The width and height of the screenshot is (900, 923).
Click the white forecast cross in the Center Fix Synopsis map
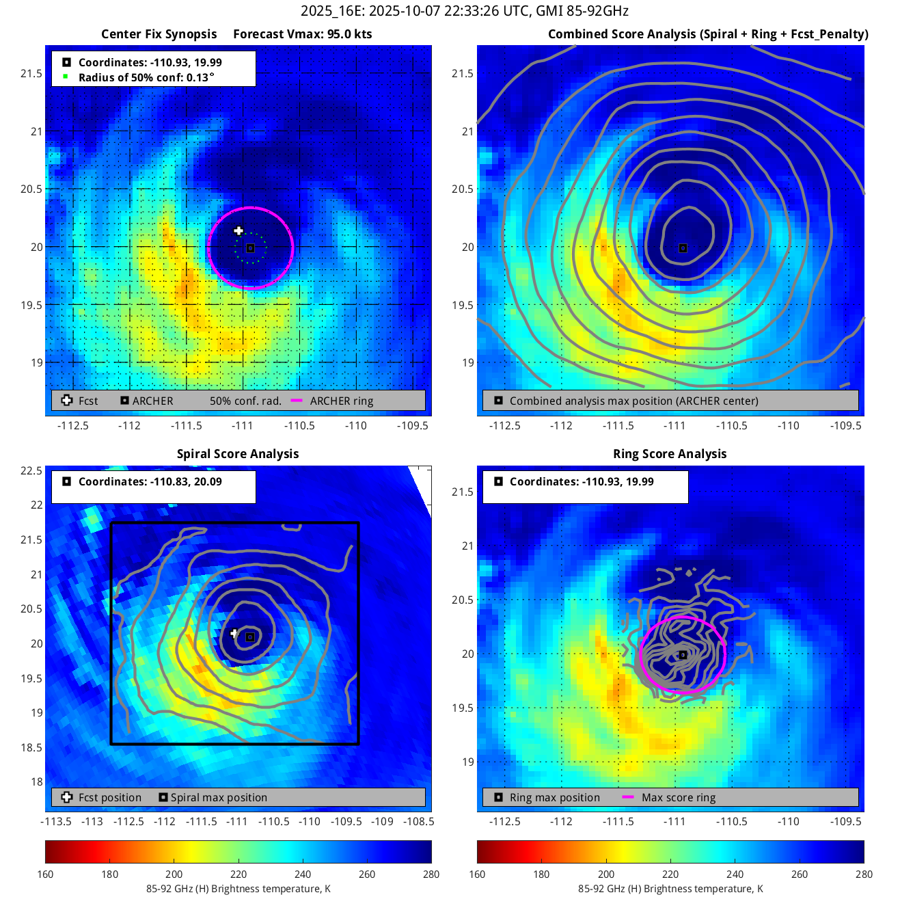[x=238, y=231]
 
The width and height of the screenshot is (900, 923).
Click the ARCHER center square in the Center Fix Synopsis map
[x=250, y=248]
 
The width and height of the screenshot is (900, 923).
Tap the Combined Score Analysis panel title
[x=708, y=34]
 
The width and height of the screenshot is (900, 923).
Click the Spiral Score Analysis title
[x=238, y=454]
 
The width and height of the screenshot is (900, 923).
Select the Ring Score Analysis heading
[x=670, y=454]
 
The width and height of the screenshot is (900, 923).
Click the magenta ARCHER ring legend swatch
[x=297, y=401]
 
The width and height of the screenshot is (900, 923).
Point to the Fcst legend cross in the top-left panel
[x=67, y=401]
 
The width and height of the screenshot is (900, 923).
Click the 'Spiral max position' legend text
[x=219, y=797]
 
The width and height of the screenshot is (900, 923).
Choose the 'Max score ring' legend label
[x=679, y=797]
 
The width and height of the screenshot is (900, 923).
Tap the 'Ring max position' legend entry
[x=554, y=797]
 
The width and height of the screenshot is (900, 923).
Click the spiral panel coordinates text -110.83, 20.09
[x=150, y=481]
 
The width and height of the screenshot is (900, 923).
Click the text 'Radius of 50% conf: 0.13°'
[x=146, y=77]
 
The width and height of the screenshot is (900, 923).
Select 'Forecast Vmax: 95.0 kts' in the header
[x=303, y=34]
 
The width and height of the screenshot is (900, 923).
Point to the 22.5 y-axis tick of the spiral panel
[x=31, y=470]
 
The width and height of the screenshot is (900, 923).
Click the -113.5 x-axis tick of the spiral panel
[x=56, y=821]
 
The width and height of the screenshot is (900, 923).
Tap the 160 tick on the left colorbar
[x=46, y=874]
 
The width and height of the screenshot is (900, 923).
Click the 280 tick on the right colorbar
[x=864, y=874]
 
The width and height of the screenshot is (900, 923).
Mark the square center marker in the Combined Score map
[x=683, y=248]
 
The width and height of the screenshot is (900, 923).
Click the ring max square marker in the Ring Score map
[x=683, y=655]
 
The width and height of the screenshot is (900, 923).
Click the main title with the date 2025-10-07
[x=465, y=11]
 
